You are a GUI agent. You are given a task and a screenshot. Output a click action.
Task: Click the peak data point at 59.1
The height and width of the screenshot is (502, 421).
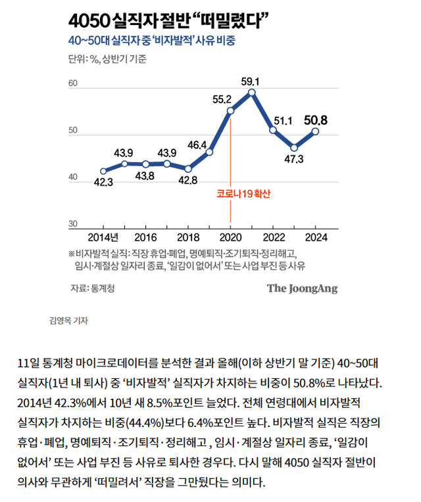click(252, 92)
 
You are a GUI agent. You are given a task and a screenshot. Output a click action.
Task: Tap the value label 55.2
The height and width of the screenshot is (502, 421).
click(222, 99)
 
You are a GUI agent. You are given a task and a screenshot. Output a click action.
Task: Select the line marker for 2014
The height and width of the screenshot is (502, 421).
click(103, 170)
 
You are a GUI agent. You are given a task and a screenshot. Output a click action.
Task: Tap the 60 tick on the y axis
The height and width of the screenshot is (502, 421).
click(73, 84)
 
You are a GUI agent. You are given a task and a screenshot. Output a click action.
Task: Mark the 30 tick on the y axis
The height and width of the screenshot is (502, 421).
click(73, 224)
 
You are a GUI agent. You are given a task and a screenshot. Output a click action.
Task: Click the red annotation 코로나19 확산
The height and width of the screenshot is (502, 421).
click(243, 195)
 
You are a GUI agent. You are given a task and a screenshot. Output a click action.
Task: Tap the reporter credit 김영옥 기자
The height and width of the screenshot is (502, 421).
click(68, 321)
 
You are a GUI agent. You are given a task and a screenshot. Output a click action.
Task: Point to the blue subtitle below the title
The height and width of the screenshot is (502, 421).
click(151, 41)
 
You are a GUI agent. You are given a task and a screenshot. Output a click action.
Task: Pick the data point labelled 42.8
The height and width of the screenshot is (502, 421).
click(188, 168)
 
